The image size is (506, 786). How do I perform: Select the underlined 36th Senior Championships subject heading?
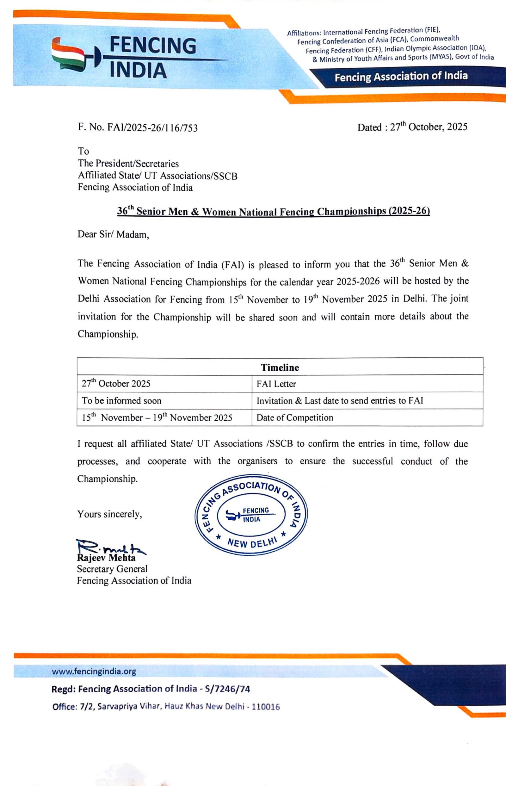pyautogui.click(x=273, y=211)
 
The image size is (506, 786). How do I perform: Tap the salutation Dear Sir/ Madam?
pyautogui.click(x=113, y=234)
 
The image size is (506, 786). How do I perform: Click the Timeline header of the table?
pyautogui.click(x=280, y=367)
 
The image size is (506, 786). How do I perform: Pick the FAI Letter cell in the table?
pyautogui.click(x=276, y=384)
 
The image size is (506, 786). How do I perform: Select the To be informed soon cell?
pyautogui.click(x=121, y=400)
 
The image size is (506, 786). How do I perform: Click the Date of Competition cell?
pyautogui.click(x=295, y=418)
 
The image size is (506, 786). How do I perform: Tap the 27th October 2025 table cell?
pyautogui.click(x=116, y=383)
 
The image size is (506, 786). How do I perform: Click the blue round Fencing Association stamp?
pyautogui.click(x=251, y=515)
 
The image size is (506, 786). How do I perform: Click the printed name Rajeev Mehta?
pyautogui.click(x=106, y=558)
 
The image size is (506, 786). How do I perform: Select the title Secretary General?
pyautogui.click(x=112, y=569)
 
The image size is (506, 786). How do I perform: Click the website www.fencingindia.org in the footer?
pyautogui.click(x=94, y=671)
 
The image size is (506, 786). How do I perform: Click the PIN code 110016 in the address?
pyautogui.click(x=266, y=707)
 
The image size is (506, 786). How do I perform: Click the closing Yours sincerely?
pyautogui.click(x=109, y=514)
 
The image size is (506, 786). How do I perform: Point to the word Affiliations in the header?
pyautogui.click(x=304, y=33)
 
